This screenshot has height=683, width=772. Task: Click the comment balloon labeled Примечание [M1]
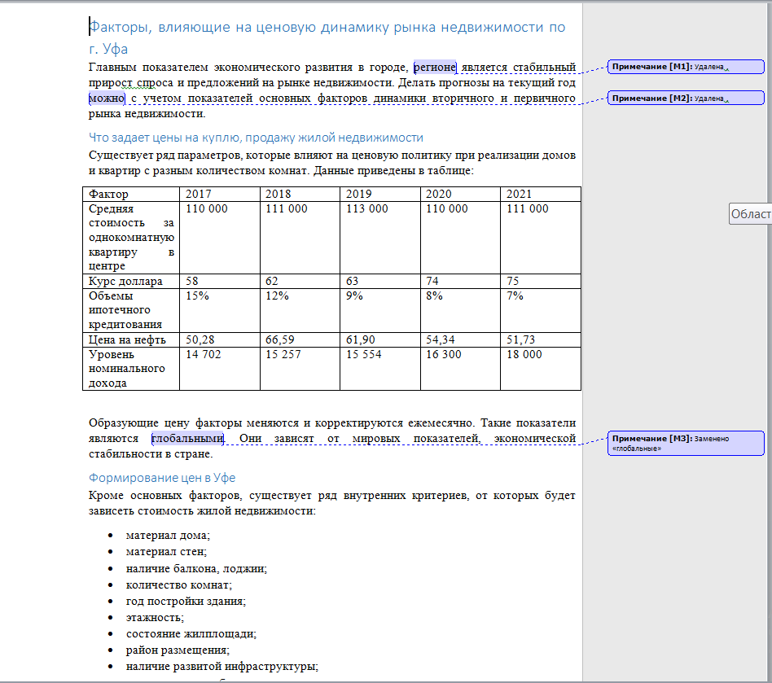click(x=686, y=67)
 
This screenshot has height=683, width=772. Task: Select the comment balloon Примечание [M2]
click(x=686, y=99)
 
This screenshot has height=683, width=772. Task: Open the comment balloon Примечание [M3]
click(x=686, y=443)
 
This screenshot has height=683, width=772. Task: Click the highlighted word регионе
click(x=435, y=67)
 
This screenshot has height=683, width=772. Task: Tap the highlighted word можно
click(x=107, y=99)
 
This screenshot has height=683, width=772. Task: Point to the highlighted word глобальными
click(x=187, y=439)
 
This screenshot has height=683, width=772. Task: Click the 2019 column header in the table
click(x=359, y=194)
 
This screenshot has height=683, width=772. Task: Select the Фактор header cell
click(x=109, y=194)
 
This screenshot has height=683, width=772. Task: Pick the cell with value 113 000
click(x=367, y=208)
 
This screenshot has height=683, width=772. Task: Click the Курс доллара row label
click(x=126, y=281)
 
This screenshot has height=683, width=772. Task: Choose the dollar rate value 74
click(x=433, y=281)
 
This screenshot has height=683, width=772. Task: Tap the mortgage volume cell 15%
click(x=198, y=296)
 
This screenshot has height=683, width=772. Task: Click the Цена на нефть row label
click(x=128, y=339)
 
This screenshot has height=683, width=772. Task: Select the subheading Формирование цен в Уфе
click(x=162, y=478)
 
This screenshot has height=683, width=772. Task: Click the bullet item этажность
click(x=155, y=617)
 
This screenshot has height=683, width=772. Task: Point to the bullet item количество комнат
click(x=179, y=584)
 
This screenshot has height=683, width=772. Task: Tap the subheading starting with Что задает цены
click(x=256, y=137)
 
